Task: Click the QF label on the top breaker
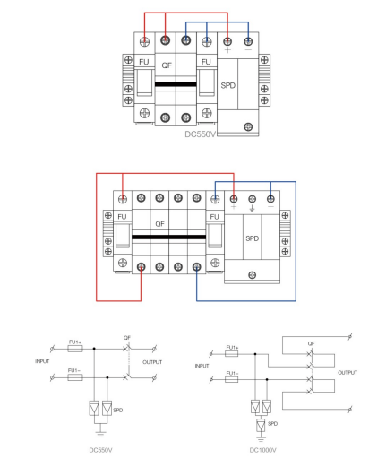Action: tap(167, 65)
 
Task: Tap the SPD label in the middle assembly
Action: tap(253, 238)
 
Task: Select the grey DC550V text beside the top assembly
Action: tap(200, 134)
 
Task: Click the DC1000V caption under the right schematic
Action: tap(263, 450)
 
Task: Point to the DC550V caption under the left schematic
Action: tap(100, 450)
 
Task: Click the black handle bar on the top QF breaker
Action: tap(176, 84)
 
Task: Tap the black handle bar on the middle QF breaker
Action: tap(168, 238)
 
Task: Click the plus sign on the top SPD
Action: tap(227, 50)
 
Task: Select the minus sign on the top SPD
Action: tap(248, 49)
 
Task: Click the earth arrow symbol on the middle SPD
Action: tap(252, 208)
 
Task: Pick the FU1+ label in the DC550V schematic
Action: tap(75, 342)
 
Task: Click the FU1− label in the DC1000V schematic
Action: tap(232, 373)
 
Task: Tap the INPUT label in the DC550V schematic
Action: tap(42, 361)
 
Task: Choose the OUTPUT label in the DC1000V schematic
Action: tap(347, 373)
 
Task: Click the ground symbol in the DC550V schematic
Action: tap(100, 435)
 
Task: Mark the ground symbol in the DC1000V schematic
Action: tap(261, 439)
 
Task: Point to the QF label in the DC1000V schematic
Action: tap(311, 343)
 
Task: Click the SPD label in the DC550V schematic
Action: tap(118, 411)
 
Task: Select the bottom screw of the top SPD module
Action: tap(248, 126)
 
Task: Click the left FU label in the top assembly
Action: tap(144, 62)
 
